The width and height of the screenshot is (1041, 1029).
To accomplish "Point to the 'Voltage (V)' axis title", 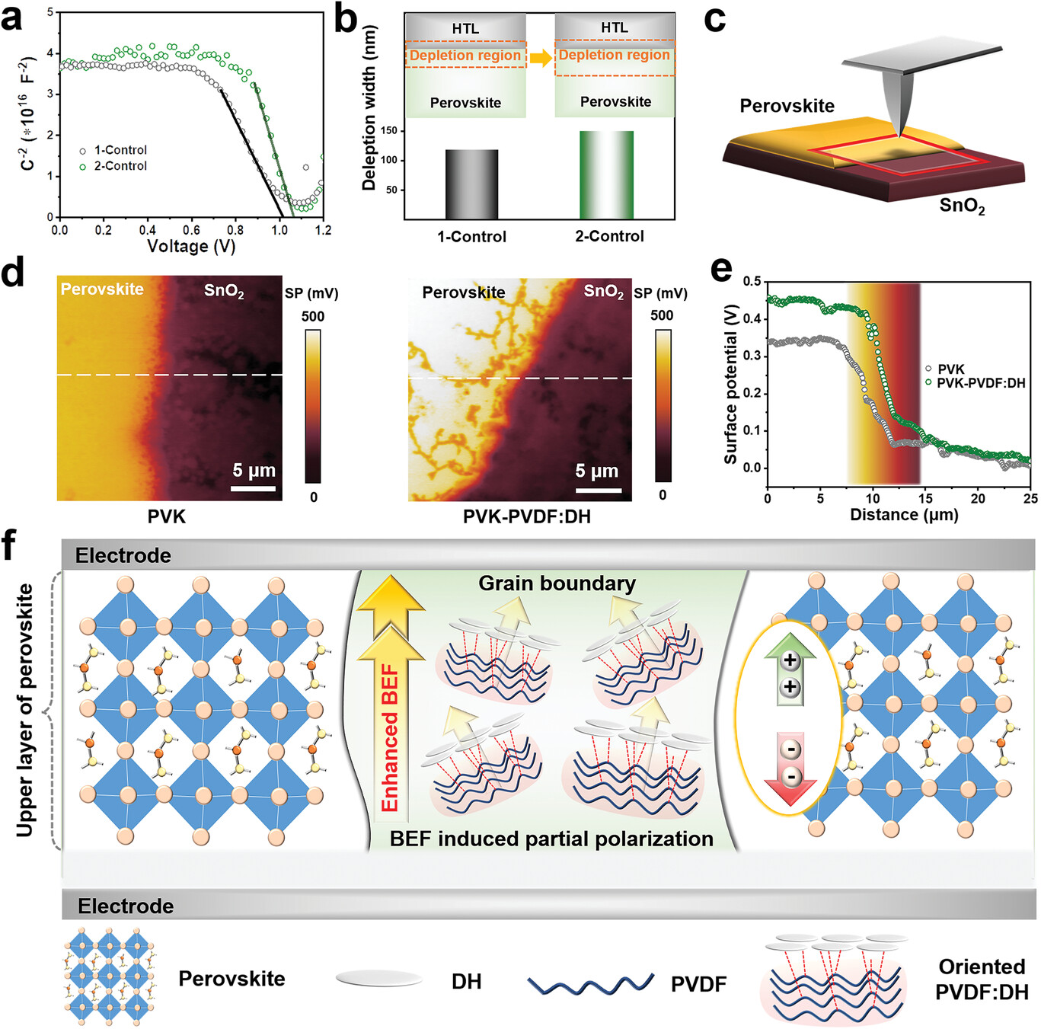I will coord(191,246).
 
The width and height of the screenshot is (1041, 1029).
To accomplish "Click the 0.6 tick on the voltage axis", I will coord(191,230).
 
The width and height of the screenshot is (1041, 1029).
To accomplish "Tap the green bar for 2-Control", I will coord(606,174).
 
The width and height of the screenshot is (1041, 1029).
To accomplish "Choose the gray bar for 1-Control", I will coord(471,184).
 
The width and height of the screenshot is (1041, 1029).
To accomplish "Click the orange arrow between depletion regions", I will coord(541,57).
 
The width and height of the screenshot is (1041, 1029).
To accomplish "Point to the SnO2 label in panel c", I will coord(962,206).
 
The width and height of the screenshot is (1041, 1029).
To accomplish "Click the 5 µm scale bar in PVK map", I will coord(253,487).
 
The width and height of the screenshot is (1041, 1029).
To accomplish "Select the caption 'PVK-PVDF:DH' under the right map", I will coord(526,516).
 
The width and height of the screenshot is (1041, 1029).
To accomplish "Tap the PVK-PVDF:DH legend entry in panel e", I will coord(980,383).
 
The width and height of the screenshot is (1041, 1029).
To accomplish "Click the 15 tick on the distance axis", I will coord(925,498).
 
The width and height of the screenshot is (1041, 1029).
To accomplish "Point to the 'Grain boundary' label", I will coord(557,583).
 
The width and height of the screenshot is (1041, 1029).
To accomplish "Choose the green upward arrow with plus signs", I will coord(790,669).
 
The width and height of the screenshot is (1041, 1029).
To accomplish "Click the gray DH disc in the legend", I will coord(378,979).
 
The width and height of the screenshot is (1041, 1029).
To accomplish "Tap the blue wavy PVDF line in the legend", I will coord(590,983).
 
